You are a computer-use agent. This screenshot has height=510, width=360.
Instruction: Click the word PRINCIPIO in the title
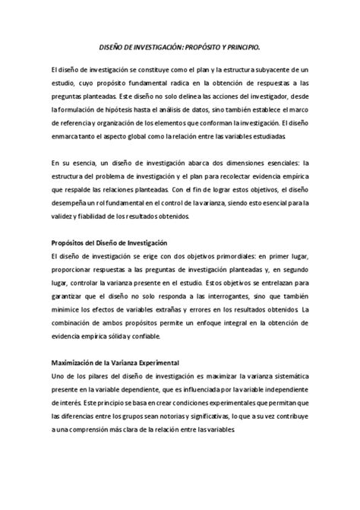(239, 47)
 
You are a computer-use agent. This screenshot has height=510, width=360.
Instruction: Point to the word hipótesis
(118, 109)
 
